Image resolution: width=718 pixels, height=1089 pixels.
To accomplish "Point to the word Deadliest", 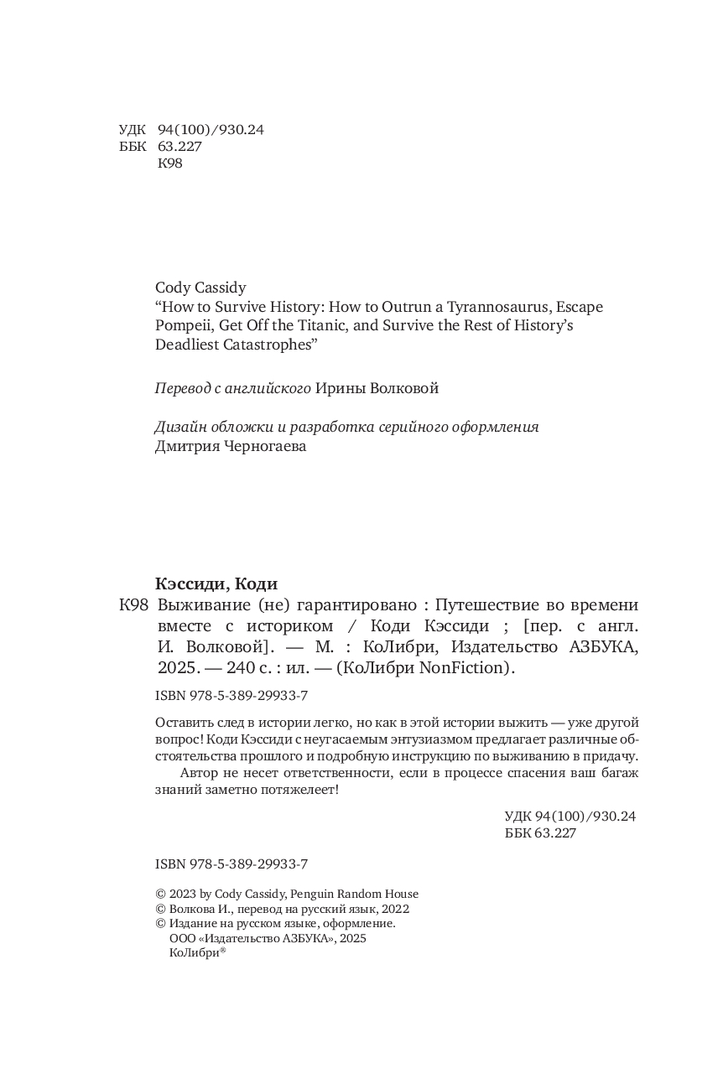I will coord(189,345).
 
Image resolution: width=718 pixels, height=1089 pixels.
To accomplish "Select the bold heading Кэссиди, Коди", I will coord(216,584).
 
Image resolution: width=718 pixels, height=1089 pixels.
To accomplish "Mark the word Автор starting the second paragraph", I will coord(198,772).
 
